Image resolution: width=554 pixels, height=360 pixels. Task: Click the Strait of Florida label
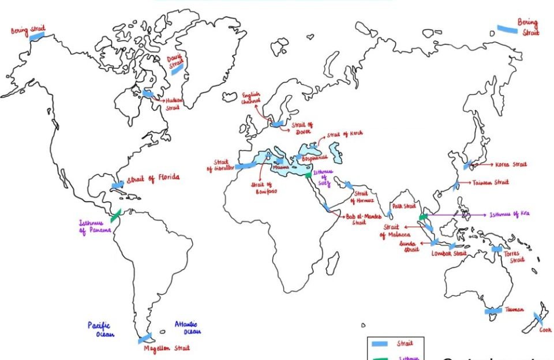(153, 178)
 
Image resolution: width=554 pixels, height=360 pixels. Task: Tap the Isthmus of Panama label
(94, 227)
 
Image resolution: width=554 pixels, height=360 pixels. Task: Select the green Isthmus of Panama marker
(117, 214)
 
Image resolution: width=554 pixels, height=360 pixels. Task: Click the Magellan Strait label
(166, 348)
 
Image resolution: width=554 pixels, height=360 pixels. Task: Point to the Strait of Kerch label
(345, 135)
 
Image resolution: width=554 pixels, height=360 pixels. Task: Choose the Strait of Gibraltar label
(218, 166)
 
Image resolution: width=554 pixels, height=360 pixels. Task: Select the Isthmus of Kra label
(509, 214)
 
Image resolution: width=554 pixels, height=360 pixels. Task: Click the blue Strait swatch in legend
(379, 344)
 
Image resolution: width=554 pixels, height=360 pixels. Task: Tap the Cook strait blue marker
(537, 317)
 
